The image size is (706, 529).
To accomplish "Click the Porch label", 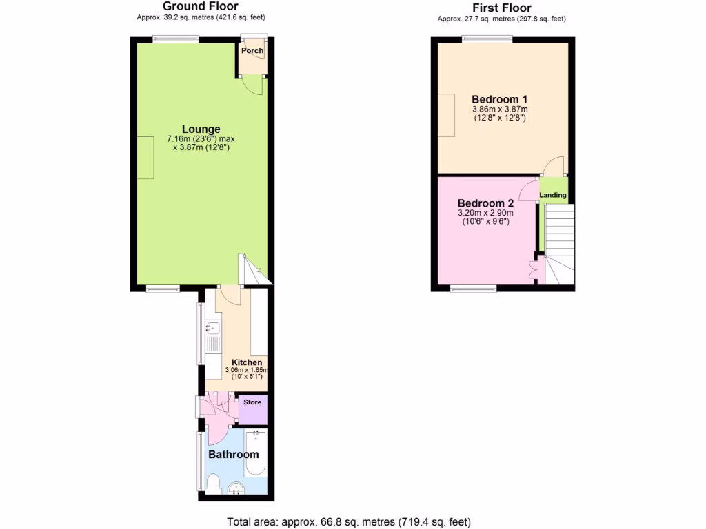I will pyautogui.click(x=252, y=50).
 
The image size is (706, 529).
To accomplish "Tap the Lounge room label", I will pyautogui.click(x=201, y=129).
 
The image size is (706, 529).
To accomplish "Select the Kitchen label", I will pyautogui.click(x=246, y=362).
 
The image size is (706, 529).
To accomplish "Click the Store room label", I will pyautogui.click(x=252, y=402).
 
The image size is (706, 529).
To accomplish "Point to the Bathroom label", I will pyautogui.click(x=234, y=455).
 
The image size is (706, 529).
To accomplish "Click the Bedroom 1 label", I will pyautogui.click(x=500, y=99).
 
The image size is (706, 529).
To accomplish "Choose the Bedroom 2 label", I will pyautogui.click(x=486, y=203).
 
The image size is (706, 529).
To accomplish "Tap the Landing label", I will pyautogui.click(x=553, y=195).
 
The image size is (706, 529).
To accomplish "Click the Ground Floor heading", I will pyautogui.click(x=201, y=7).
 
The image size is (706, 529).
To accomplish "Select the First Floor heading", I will pyautogui.click(x=502, y=8).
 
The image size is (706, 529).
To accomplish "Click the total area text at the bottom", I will pyautogui.click(x=349, y=521).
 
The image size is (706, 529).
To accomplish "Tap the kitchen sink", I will pyautogui.click(x=212, y=328).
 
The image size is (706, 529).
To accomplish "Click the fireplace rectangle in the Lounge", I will pyautogui.click(x=145, y=158).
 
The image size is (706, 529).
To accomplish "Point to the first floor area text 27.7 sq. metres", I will pyautogui.click(x=501, y=19).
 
